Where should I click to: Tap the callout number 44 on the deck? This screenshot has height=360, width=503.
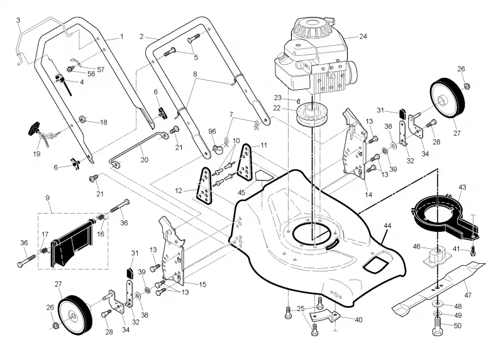(387, 226)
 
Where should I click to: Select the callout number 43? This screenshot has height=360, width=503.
(462, 187)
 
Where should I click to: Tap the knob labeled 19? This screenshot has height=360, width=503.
(35, 129)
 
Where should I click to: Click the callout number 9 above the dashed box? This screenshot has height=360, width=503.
(48, 198)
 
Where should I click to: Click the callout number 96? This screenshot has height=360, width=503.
(212, 131)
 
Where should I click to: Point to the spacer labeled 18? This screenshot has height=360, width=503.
(82, 119)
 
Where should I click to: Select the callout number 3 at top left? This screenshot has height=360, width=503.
(18, 20)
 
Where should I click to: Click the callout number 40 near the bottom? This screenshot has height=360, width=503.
(358, 320)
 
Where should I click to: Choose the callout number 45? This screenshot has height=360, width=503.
(241, 192)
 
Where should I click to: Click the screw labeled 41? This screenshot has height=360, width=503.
(473, 252)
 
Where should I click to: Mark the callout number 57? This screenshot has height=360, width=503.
(101, 70)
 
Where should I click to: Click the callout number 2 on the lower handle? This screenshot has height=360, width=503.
(141, 36)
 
